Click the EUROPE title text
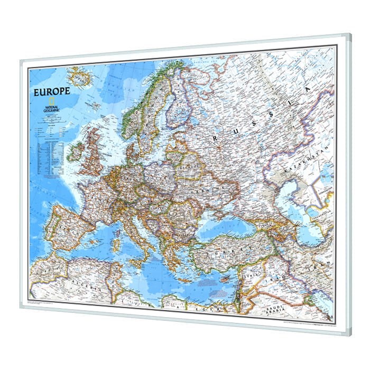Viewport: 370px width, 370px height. tap(52, 90)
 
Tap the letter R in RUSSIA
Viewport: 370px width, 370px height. tap(216, 138)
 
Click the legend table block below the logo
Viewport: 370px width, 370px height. tap(47, 151)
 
